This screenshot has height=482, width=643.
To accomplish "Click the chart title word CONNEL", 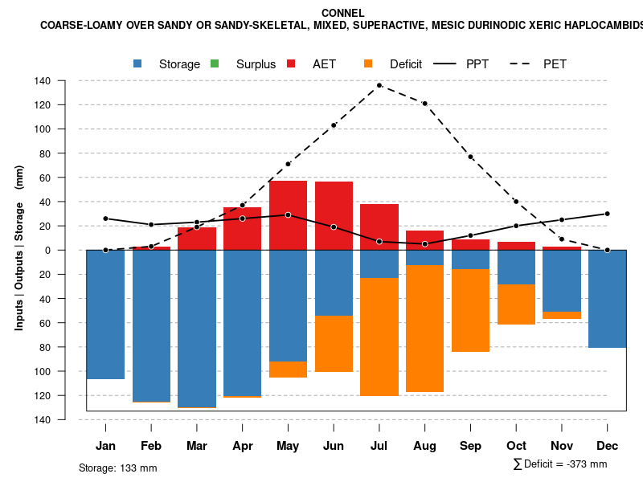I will click(342, 13).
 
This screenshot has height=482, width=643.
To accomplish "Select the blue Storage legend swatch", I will click(137, 63).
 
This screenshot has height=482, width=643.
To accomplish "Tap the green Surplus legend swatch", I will click(215, 63).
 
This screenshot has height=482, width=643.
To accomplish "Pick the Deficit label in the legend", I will click(406, 64).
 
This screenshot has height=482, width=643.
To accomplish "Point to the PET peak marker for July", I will click(379, 85).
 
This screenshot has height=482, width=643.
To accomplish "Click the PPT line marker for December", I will click(607, 214).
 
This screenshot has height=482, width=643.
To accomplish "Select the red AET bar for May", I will click(288, 215).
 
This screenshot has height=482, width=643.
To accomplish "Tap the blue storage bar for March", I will click(197, 329).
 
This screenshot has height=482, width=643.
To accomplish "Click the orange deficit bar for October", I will click(516, 304).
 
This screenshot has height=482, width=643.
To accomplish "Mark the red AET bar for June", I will click(334, 216).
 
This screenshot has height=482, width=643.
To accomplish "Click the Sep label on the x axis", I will click(470, 446).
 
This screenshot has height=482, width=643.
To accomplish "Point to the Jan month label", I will click(105, 446).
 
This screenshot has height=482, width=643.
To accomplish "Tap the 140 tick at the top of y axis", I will click(65, 81).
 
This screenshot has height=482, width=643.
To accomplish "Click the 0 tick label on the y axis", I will click(70, 250).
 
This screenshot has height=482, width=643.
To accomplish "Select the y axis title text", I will click(19, 248).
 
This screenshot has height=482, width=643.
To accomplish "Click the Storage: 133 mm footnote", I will click(118, 468).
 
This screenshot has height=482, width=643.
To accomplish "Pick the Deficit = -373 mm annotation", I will click(560, 464).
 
